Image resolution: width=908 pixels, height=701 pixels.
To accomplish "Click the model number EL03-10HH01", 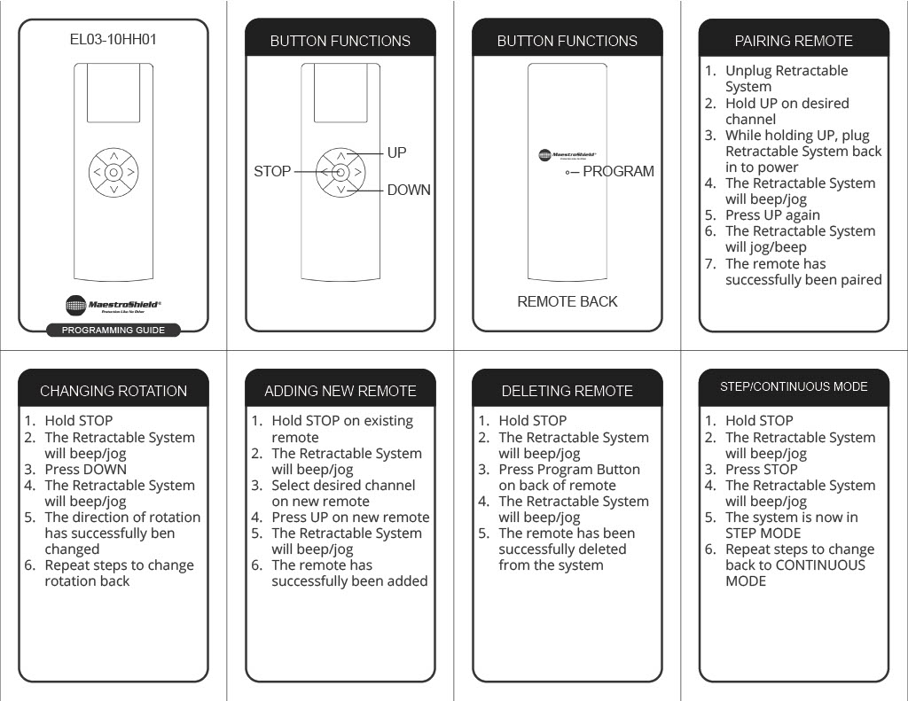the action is pos(113,39).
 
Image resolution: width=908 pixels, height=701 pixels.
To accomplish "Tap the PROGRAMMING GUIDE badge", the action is pos(113,330).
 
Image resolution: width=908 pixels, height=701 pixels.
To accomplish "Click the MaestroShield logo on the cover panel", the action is pos(113,305).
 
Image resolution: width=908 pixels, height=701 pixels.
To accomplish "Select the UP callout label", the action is pos(396,152).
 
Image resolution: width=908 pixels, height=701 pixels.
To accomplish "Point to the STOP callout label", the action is pos(272,171).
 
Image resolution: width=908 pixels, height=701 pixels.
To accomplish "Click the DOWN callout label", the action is pos(409,190).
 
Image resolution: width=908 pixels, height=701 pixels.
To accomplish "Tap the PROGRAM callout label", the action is pos(618,171).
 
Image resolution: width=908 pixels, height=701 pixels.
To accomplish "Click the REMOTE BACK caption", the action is pos(567,301).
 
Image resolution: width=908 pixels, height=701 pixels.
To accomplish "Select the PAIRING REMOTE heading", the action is pos(794,41).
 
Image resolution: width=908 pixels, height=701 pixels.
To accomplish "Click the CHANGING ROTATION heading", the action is pos(113,391).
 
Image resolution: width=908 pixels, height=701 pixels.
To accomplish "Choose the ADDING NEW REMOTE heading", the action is pos(340,391).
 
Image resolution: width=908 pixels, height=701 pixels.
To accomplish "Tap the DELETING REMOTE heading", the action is pos(567,391).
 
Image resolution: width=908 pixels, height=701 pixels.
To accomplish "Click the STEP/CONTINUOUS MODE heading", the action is pos(794,386).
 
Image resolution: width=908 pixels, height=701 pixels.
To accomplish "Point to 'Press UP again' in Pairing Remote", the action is pos(772,215).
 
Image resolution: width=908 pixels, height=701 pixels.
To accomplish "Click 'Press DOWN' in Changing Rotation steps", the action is pos(86,470).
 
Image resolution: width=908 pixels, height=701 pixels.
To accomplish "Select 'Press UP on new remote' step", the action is pos(351,517).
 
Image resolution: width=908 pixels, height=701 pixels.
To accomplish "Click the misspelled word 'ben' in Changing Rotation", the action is pos(163,534).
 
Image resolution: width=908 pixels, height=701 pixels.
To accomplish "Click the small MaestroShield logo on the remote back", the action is pos(567,155).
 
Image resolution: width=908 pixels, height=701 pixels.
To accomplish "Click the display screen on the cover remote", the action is pos(113,93).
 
